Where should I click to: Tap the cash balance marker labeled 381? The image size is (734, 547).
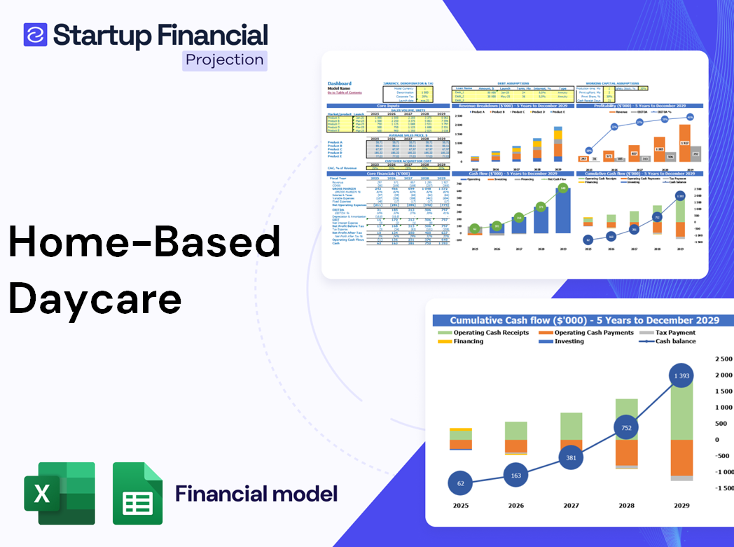[570, 457]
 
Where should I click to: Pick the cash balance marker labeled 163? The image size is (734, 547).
[515, 476]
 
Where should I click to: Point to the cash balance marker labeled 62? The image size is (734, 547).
[459, 483]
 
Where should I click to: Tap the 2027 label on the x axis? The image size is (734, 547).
[570, 505]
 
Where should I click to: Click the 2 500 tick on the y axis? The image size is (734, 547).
[723, 359]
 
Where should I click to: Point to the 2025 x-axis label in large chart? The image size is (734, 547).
[460, 505]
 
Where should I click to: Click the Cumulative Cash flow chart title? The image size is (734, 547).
[584, 320]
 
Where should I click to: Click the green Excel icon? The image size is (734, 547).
[59, 493]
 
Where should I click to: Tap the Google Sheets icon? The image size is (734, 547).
[138, 493]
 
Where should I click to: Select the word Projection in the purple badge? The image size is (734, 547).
[224, 60]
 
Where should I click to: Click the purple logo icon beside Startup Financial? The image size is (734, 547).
[35, 34]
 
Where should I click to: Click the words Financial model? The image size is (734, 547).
[256, 493]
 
